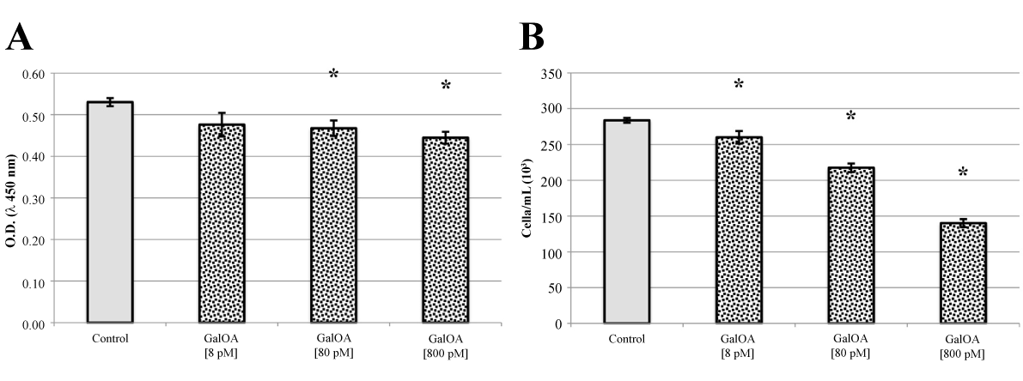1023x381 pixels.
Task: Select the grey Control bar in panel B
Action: tap(626, 222)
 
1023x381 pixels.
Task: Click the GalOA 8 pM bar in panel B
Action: tap(739, 231)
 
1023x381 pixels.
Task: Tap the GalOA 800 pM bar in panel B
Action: tap(962, 274)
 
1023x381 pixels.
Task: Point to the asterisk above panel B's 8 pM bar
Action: tap(739, 85)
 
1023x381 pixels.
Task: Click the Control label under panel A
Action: tap(110, 338)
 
